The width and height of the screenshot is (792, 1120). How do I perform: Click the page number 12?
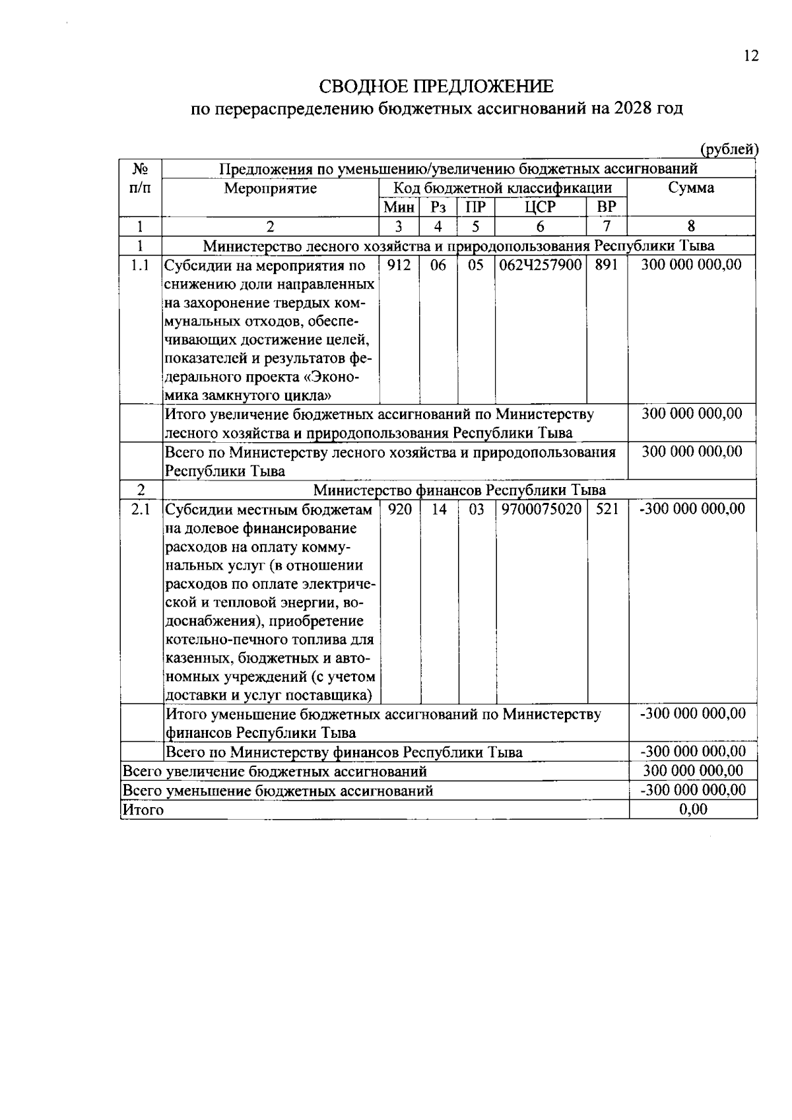tap(751, 56)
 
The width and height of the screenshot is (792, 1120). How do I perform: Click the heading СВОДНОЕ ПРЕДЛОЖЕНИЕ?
tap(436, 86)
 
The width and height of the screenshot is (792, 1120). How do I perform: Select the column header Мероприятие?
tap(270, 188)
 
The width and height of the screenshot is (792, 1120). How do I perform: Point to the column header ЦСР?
tap(540, 207)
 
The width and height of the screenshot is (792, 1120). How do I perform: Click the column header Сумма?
tap(690, 188)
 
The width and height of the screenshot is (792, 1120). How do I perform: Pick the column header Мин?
tap(399, 207)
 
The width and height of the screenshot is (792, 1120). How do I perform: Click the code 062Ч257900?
tap(540, 265)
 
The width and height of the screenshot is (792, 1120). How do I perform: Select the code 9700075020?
tap(541, 509)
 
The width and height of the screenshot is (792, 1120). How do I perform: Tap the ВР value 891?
tap(607, 265)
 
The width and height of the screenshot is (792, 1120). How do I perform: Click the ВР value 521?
tap(607, 509)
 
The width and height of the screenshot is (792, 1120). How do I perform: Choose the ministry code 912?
tap(399, 265)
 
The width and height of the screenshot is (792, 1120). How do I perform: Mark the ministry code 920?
tap(400, 509)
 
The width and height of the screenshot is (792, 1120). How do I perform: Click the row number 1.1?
tap(140, 265)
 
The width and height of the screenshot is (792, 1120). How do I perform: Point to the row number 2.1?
tap(140, 509)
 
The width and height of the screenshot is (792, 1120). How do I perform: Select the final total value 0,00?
tap(693, 809)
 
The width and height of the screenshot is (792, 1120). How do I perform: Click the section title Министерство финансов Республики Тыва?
tap(459, 490)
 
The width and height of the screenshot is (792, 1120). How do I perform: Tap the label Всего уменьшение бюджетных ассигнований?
tap(278, 790)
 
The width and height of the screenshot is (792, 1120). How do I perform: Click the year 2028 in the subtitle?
tap(631, 108)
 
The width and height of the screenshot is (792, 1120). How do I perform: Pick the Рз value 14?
tap(439, 509)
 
